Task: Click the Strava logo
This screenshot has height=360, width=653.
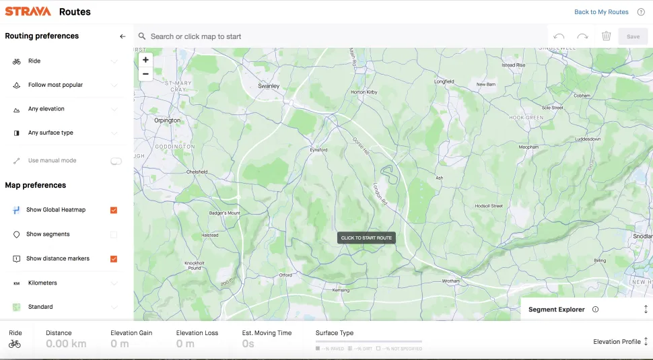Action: (x=28, y=11)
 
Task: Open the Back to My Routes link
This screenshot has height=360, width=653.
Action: (x=601, y=12)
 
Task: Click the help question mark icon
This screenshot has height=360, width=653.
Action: (x=640, y=12)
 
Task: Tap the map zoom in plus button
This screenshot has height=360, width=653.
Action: (x=145, y=60)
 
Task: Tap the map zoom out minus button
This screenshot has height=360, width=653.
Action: (x=145, y=74)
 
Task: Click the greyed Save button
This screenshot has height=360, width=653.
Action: (x=633, y=36)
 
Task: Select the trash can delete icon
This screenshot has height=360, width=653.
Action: (x=606, y=36)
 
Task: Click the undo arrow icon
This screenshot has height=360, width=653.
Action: (x=559, y=36)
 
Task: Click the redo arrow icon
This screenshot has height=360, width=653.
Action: (x=582, y=36)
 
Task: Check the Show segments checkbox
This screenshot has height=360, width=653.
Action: (x=113, y=235)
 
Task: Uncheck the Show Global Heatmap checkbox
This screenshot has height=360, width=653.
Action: (x=113, y=210)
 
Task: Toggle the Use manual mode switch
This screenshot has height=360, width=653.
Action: (x=116, y=161)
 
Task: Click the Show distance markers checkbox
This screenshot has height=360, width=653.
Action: (x=113, y=259)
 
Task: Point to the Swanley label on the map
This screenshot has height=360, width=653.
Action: (x=269, y=86)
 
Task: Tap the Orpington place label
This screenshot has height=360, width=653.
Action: (x=167, y=120)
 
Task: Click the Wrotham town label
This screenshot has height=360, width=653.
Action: (x=450, y=281)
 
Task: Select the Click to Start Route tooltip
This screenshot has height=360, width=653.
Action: (x=366, y=238)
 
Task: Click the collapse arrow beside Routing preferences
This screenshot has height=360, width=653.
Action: (x=123, y=36)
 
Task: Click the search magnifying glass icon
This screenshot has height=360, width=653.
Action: (x=142, y=36)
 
